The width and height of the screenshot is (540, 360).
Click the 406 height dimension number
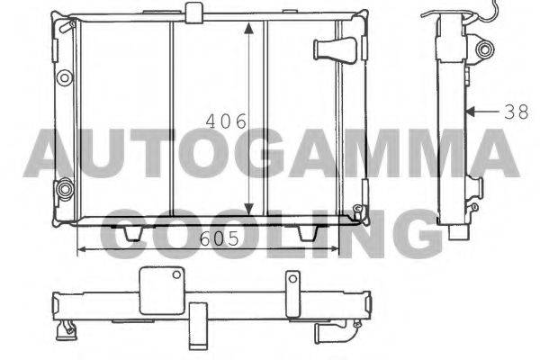[226, 121]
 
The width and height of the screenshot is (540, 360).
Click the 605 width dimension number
[220, 238]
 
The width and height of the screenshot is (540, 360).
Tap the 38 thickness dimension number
[517, 112]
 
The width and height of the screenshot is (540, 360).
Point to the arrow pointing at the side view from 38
[482, 112]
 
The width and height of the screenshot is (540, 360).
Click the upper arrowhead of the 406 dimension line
[248, 28]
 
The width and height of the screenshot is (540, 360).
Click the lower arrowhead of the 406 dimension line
[248, 209]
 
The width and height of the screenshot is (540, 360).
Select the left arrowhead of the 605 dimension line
[82, 248]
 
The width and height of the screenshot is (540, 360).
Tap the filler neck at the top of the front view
[193, 13]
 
